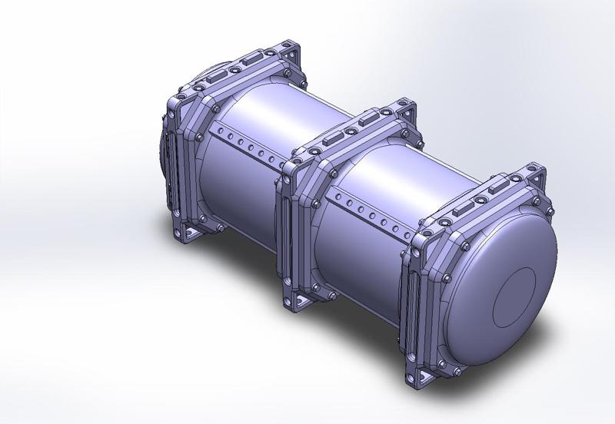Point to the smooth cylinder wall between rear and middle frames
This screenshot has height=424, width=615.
(x=246, y=192)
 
